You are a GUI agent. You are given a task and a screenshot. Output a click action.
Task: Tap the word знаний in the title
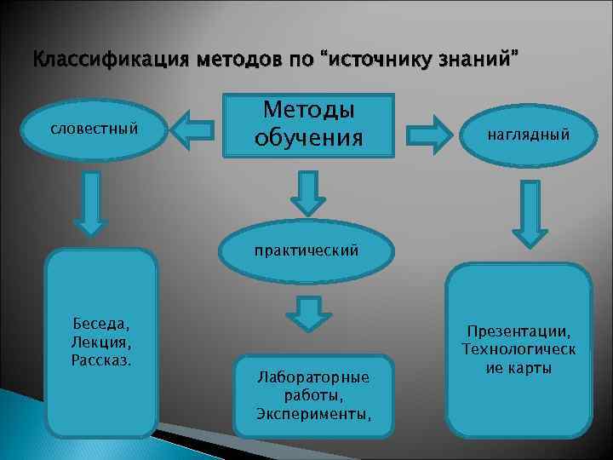(473, 62)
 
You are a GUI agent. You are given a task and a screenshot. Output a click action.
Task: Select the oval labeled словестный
(95, 129)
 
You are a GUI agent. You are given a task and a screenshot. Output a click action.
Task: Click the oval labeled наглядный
(529, 135)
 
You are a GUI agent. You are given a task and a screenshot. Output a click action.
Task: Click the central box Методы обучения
(309, 124)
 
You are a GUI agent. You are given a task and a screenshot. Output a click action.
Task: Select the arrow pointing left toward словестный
(192, 129)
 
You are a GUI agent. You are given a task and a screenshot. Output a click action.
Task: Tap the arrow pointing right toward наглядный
(431, 135)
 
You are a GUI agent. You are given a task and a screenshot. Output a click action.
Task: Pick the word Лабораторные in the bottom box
(313, 377)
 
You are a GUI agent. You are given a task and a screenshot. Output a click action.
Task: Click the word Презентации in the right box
(518, 331)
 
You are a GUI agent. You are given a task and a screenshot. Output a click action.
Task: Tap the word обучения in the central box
(309, 138)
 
